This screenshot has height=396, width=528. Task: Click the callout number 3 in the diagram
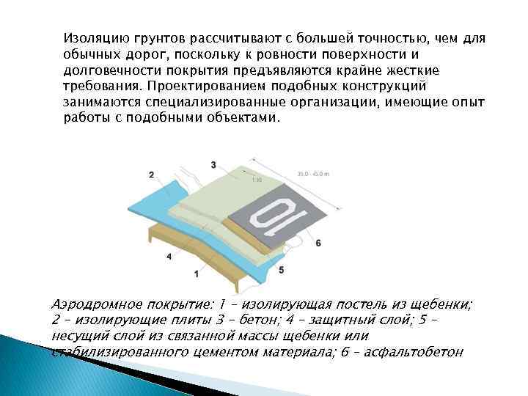(x=213, y=164)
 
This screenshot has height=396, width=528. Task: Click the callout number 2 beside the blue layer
(x=150, y=175)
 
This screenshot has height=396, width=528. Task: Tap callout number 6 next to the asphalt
(x=318, y=242)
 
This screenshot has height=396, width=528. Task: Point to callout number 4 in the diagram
(x=169, y=257)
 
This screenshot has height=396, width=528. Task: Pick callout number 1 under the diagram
(x=196, y=274)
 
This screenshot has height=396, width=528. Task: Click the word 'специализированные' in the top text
(x=192, y=104)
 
